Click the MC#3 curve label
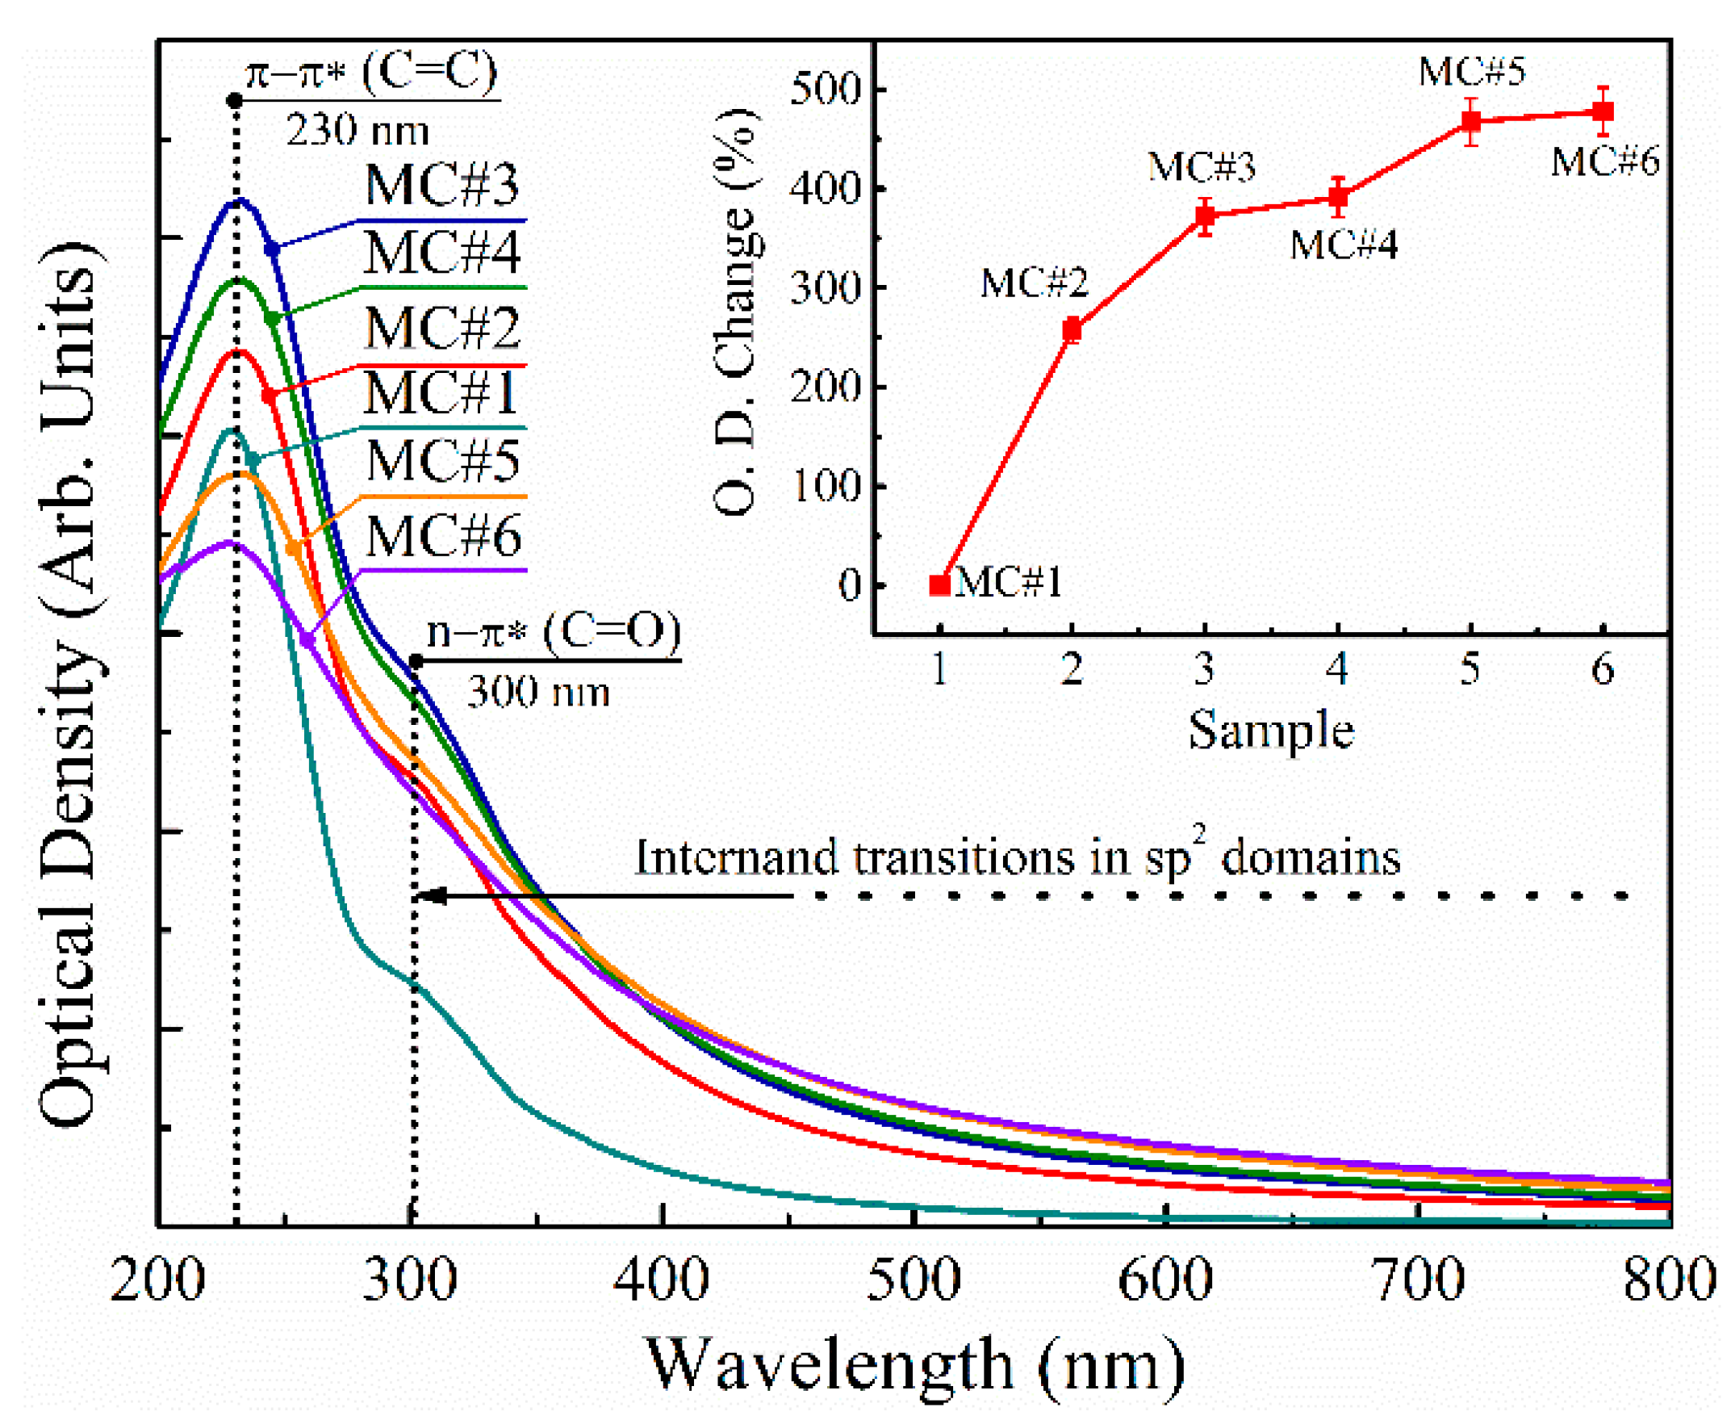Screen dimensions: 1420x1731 (441, 185)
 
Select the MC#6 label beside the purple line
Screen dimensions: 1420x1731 (443, 537)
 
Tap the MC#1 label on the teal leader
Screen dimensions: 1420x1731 (440, 393)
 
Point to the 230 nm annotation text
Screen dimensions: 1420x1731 (357, 130)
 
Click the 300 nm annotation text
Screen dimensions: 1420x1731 (538, 692)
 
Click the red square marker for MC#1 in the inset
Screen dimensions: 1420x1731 (939, 584)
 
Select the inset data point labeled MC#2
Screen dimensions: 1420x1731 (1071, 330)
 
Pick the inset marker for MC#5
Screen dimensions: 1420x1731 (1470, 122)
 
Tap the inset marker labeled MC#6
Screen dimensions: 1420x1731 (1603, 111)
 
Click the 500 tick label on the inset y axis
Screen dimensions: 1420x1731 (826, 88)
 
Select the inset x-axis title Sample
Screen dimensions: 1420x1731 (1271, 730)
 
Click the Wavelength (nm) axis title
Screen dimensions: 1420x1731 (916, 1364)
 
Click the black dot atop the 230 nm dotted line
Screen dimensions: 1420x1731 (235, 101)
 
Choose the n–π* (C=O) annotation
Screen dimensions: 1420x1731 (554, 631)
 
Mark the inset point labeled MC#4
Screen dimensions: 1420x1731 (1338, 196)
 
